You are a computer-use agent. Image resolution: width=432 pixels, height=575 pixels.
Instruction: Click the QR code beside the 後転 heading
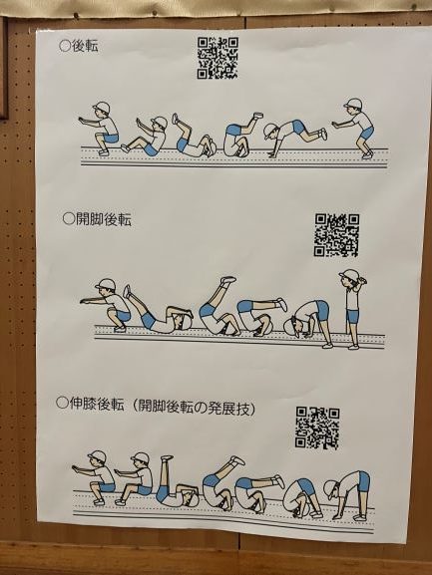tap(217, 58)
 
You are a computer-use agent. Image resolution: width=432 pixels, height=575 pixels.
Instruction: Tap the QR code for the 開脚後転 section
tap(336, 235)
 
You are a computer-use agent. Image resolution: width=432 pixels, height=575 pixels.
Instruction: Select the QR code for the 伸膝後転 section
tap(317, 428)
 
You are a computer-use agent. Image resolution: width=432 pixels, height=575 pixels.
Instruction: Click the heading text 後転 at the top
tap(85, 46)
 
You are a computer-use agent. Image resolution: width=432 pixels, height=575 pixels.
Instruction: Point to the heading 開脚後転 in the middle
tap(104, 219)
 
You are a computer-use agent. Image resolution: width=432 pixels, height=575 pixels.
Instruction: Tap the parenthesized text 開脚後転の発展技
tap(193, 407)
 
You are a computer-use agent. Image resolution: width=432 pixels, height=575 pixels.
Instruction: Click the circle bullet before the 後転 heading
tap(65, 46)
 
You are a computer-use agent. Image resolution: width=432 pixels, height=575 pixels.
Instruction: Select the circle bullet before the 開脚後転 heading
tap(69, 218)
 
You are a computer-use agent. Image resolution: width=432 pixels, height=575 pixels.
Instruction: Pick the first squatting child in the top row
tap(99, 128)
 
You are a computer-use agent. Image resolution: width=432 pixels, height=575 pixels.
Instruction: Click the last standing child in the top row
tap(354, 128)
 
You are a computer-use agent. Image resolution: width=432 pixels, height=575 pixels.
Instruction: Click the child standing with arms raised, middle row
tap(353, 309)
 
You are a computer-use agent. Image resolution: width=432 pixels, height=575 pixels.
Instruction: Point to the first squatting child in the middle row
tap(106, 304)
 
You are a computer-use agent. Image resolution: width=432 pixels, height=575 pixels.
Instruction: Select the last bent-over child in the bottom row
tap(347, 495)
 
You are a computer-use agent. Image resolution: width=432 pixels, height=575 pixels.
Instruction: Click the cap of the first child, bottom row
tap(96, 455)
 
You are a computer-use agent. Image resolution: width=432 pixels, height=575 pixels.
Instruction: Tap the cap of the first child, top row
tap(102, 107)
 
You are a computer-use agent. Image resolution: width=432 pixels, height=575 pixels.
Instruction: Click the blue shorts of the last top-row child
tap(367, 133)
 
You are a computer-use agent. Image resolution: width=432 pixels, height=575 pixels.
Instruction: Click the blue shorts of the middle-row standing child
tap(353, 317)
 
